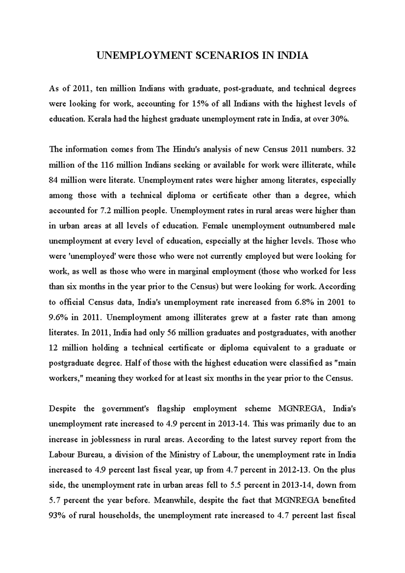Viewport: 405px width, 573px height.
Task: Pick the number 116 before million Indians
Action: pos(106,165)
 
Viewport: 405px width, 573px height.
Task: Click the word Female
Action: pos(216,226)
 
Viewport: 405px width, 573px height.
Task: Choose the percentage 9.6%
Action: pos(59,317)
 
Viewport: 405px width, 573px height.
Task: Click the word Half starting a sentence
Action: pos(131,363)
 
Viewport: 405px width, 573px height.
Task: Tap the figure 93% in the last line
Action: pos(57,516)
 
